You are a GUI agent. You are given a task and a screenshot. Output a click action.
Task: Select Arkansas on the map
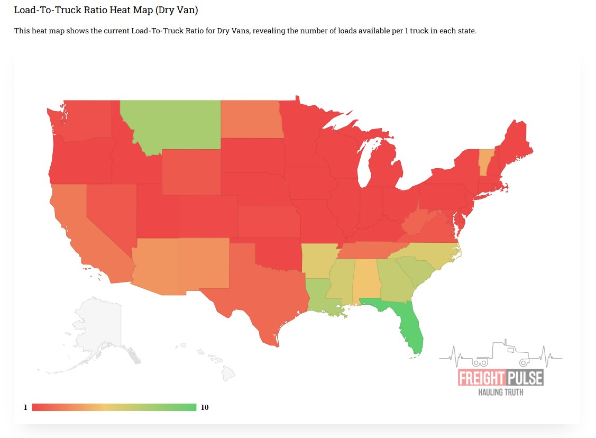tap(319, 259)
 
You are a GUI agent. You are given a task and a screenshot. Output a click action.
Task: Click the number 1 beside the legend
tap(25, 407)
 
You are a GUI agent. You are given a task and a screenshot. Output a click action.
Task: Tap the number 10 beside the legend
tap(205, 407)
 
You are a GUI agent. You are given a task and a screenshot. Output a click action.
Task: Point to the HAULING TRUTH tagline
tap(500, 393)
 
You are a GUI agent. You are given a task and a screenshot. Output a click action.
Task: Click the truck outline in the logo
tap(500, 353)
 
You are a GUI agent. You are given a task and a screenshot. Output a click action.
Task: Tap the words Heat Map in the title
tap(126, 10)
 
